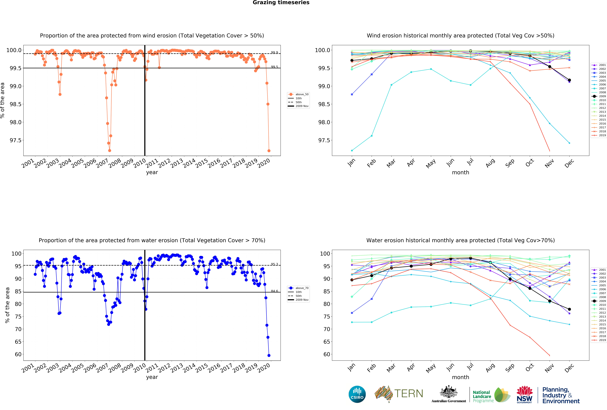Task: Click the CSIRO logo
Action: pyautogui.click(x=357, y=394)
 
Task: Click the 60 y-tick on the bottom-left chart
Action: pyautogui.click(x=18, y=354)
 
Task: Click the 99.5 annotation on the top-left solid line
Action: pyautogui.click(x=274, y=67)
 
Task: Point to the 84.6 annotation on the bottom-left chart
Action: pyautogui.click(x=274, y=291)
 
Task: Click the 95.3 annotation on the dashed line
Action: pyautogui.click(x=274, y=264)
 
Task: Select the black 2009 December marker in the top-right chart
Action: pyautogui.click(x=569, y=80)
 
